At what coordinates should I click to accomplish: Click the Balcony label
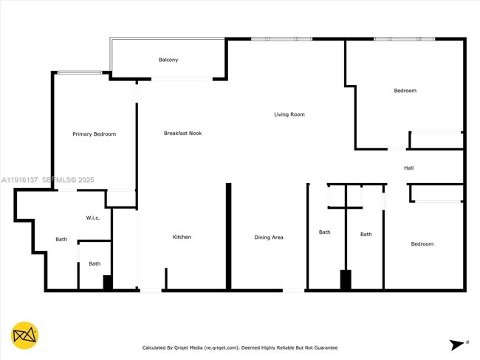(168, 60)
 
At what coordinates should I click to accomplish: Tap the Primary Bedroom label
(94, 134)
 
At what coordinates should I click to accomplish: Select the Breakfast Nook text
(182, 133)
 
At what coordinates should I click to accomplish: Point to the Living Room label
(289, 114)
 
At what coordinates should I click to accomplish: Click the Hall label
(408, 168)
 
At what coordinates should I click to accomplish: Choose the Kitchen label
(182, 237)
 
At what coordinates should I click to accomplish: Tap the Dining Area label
(268, 237)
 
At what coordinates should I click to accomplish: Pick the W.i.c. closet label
(93, 218)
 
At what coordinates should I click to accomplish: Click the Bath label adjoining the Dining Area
(324, 232)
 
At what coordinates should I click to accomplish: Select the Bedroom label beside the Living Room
(405, 91)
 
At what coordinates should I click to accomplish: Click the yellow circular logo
(26, 335)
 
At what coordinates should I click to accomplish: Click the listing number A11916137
(19, 179)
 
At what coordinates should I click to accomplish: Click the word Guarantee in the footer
(323, 347)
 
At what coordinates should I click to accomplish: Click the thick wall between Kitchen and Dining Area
(228, 236)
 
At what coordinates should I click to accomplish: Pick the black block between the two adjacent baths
(345, 280)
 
